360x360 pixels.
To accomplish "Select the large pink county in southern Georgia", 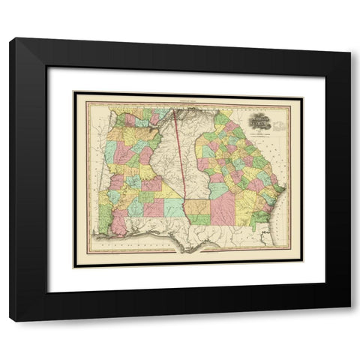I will [223, 211].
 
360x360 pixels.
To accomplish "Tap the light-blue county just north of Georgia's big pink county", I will [219, 190].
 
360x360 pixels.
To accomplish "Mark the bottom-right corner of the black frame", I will [349, 320].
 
